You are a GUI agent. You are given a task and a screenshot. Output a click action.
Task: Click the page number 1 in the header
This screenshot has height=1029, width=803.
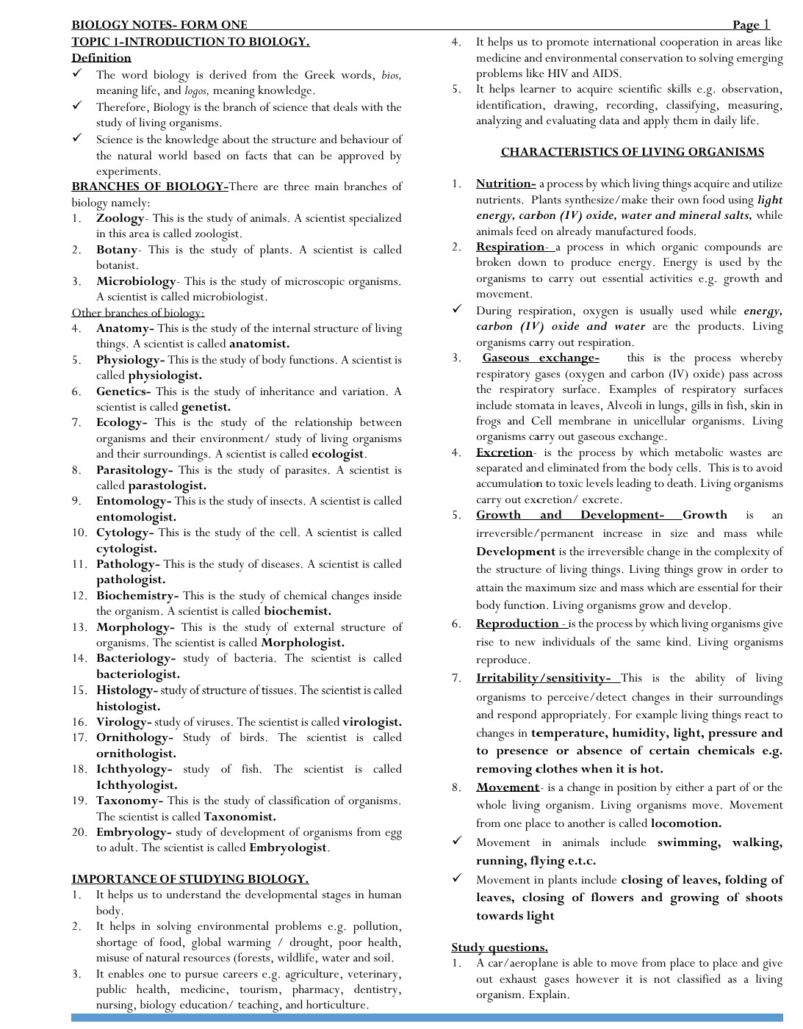pyautogui.click(x=766, y=24)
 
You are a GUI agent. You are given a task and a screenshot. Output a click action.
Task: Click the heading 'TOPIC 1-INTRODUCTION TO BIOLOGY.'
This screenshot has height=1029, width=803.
pyautogui.click(x=190, y=42)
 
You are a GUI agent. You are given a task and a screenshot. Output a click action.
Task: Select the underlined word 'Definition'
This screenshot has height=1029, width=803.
pyautogui.click(x=101, y=58)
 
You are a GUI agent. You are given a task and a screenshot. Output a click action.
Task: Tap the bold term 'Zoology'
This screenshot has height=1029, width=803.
pyautogui.click(x=120, y=218)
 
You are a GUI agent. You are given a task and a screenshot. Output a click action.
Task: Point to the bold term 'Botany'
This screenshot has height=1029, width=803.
pyautogui.click(x=117, y=250)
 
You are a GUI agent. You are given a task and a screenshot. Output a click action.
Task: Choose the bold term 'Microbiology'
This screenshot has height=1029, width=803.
pyautogui.click(x=136, y=281)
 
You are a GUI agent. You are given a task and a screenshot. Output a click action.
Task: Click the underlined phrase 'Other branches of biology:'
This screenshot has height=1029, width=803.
pyautogui.click(x=138, y=313)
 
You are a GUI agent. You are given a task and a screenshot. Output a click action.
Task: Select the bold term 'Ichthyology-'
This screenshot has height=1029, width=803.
pyautogui.click(x=134, y=769)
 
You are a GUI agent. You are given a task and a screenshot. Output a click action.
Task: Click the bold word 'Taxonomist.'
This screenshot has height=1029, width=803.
pyautogui.click(x=240, y=817)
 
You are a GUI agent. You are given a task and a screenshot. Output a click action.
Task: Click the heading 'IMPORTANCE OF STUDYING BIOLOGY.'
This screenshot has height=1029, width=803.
pyautogui.click(x=190, y=879)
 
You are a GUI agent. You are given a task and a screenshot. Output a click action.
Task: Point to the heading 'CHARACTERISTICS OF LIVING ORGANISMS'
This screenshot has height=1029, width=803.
pyautogui.click(x=632, y=152)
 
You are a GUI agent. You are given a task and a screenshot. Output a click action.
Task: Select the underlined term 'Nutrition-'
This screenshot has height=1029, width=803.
pyautogui.click(x=505, y=184)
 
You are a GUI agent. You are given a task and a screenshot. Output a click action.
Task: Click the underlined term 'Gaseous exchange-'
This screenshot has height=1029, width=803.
pyautogui.click(x=541, y=358)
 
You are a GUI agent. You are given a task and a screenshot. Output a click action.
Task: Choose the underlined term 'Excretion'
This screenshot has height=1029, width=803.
pyautogui.click(x=504, y=452)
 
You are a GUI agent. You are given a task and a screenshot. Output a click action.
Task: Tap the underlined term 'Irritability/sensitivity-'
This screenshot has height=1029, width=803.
pyautogui.click(x=543, y=678)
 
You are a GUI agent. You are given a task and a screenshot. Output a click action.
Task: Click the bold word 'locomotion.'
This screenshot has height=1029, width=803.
pyautogui.click(x=686, y=823)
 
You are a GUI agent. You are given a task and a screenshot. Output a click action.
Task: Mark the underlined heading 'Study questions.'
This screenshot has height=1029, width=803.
pyautogui.click(x=500, y=947)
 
